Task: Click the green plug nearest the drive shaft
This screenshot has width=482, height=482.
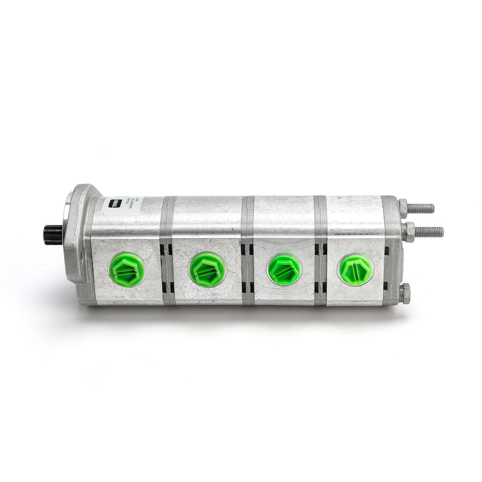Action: point(127,269)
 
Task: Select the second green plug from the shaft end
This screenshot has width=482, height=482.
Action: point(207,269)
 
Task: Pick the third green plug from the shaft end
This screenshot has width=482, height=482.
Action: point(284,269)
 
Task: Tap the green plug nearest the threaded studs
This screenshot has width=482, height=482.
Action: point(356,270)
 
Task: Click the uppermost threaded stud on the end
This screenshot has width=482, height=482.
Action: point(422,208)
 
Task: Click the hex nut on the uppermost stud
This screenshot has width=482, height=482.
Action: point(403,207)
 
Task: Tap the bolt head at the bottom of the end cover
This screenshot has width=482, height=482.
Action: point(404,293)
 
